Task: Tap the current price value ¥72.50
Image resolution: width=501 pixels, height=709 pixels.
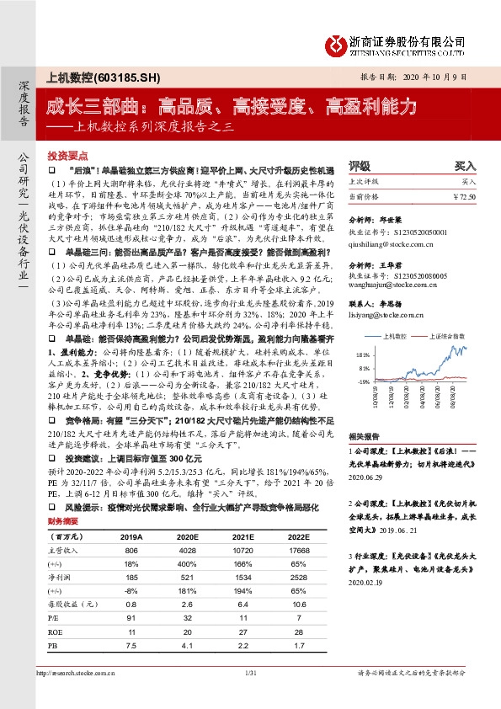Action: (x=463, y=195)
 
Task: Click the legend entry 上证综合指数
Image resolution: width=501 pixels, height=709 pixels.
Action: (x=450, y=334)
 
